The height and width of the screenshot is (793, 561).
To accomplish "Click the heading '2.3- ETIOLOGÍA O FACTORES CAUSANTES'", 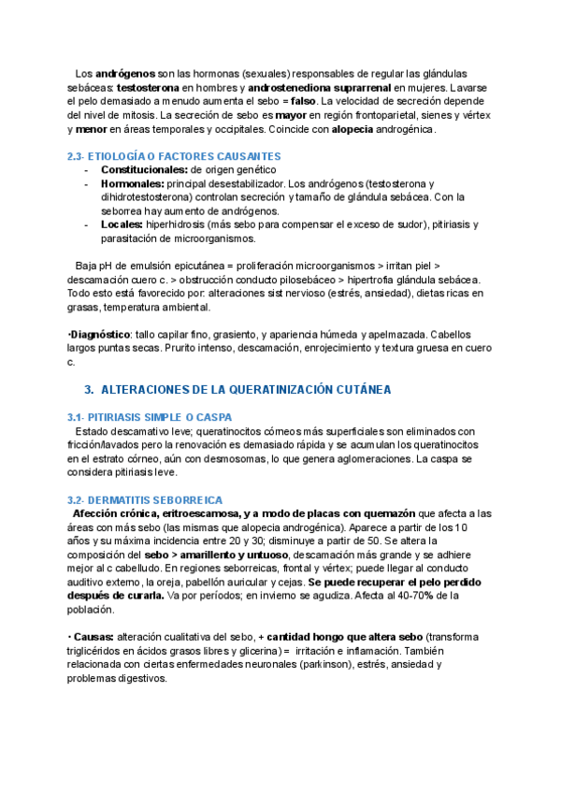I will tap(174, 156).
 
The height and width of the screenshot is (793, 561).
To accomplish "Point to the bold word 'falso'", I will tap(301, 100).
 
